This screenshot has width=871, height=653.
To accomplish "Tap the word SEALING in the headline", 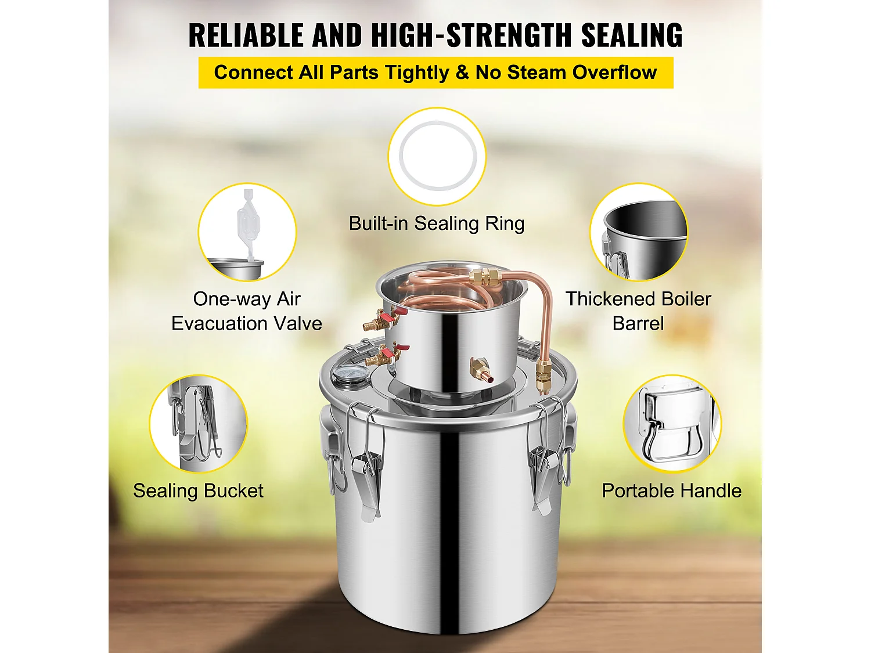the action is pyautogui.click(x=632, y=35).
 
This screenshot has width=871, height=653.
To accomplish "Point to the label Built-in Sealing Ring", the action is pyautogui.click(x=437, y=223).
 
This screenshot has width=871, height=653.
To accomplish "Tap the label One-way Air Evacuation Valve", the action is pyautogui.click(x=246, y=311).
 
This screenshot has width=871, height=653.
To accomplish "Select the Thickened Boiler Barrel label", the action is pyautogui.click(x=638, y=311).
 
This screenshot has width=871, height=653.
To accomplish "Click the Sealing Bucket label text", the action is pyautogui.click(x=198, y=491).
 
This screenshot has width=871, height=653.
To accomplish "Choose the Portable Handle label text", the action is pyautogui.click(x=671, y=491).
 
